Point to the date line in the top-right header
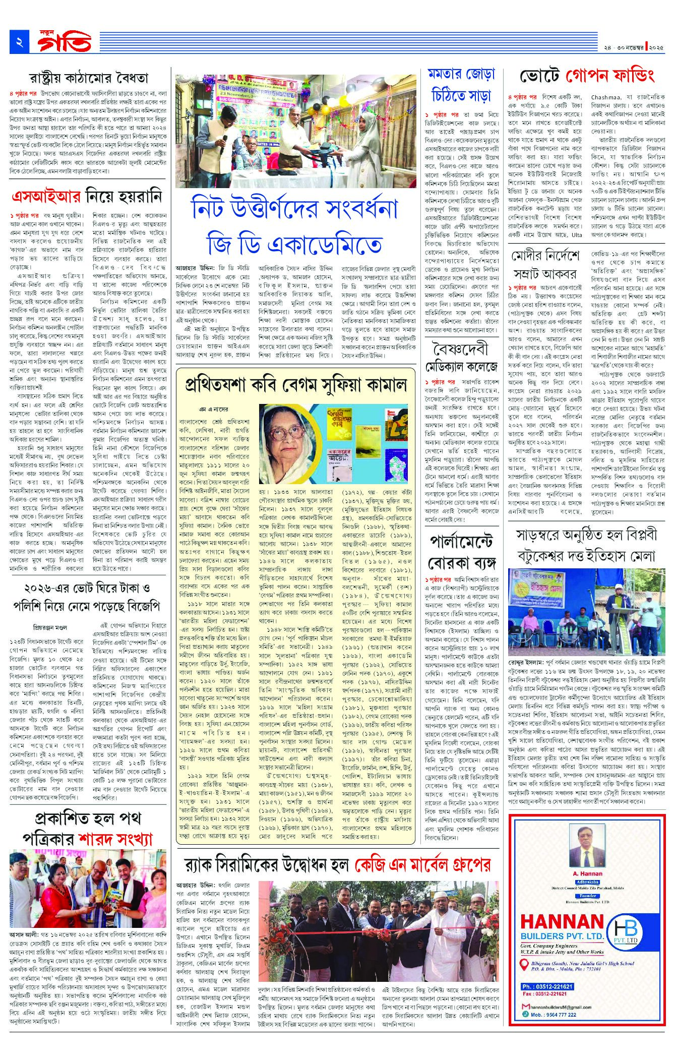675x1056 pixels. (636, 47)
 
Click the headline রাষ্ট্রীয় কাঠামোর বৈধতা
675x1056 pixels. (88, 79)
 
